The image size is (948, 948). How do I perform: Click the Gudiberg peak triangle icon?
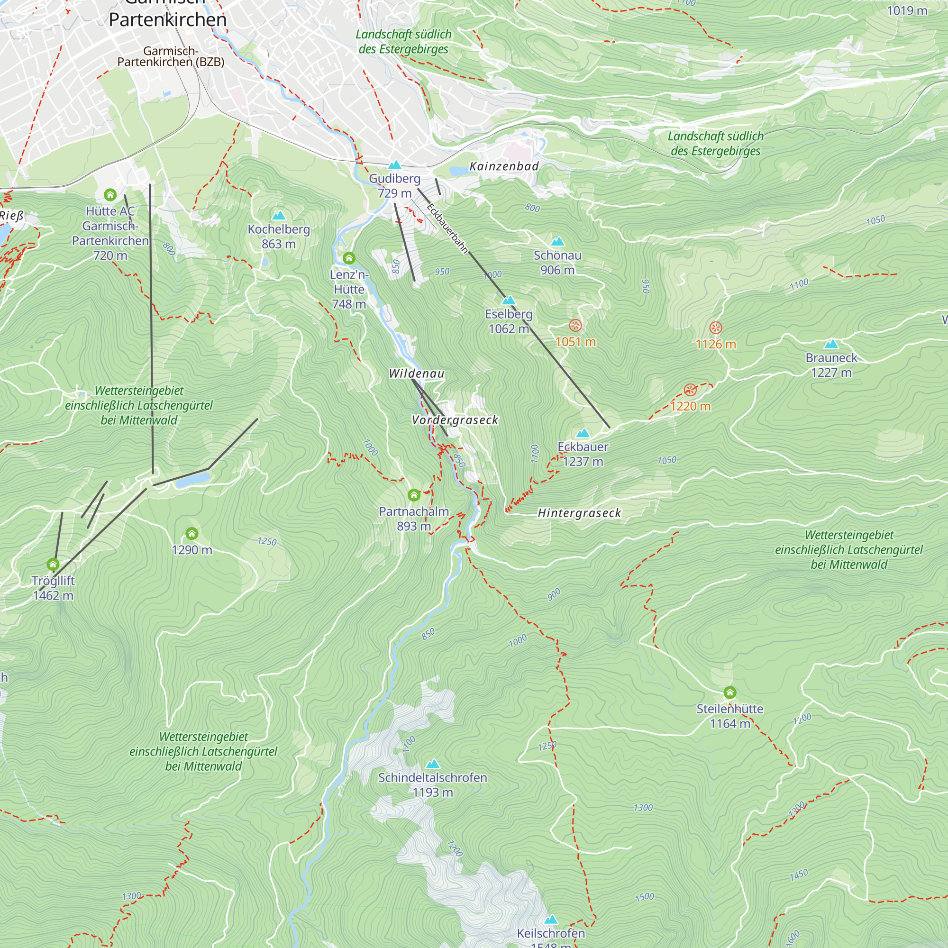[394, 165]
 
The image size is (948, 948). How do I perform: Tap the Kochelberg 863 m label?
[279, 236]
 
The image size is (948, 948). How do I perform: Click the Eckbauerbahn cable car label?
[447, 228]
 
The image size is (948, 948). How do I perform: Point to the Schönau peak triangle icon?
[557, 241]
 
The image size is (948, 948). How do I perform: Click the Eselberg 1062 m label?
[509, 321]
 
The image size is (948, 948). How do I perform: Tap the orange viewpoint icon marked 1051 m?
[575, 325]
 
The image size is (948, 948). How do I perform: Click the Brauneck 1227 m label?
[831, 365]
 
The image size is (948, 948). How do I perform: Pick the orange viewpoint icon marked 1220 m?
[690, 390]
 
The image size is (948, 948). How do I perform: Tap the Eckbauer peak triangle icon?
[583, 433]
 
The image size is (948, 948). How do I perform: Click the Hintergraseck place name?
[579, 513]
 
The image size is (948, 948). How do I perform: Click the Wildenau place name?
[417, 374]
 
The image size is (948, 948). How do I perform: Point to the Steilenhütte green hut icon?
[729, 693]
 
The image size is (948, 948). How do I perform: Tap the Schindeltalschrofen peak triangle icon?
[432, 764]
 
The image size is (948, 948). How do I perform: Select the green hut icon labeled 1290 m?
[192, 533]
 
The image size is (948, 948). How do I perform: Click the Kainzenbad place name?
[504, 166]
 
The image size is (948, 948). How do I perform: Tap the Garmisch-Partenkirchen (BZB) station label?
[171, 56]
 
